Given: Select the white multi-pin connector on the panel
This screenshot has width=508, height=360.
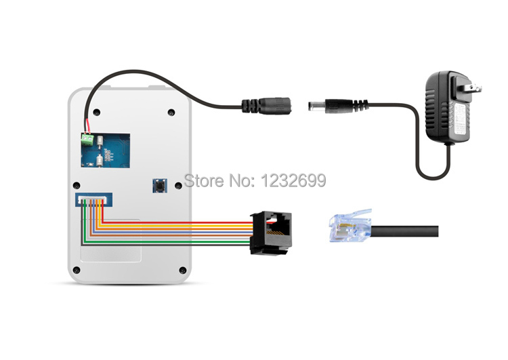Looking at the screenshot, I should [96, 199].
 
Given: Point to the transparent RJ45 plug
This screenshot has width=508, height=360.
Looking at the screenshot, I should [348, 226].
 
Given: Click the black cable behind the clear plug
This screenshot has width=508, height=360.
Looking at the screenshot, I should [406, 231].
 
